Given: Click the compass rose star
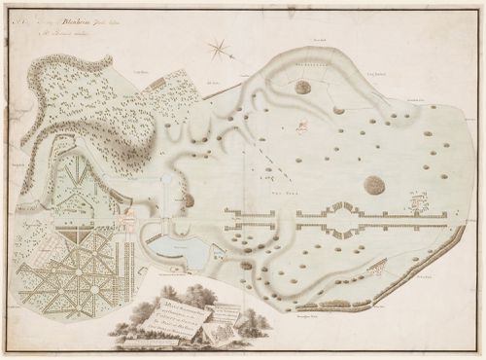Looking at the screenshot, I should [x=220, y=46].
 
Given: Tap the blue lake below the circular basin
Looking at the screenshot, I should [x=185, y=254].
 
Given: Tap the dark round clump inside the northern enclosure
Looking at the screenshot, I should [x=303, y=88].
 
